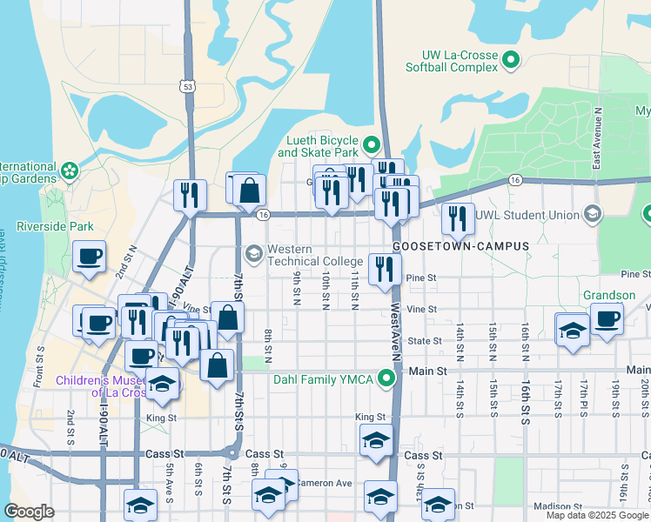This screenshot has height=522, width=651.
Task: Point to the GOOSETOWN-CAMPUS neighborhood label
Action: (x=460, y=246)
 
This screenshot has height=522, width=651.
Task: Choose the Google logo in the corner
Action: (x=29, y=512)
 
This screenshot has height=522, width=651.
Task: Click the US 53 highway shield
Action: (x=188, y=85)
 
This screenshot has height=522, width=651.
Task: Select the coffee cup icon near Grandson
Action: (x=607, y=318)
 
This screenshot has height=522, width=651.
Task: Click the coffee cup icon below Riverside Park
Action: (x=89, y=256)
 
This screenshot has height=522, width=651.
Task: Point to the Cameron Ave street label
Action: (x=324, y=483)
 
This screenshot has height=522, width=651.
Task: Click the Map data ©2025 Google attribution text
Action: (x=597, y=515)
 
